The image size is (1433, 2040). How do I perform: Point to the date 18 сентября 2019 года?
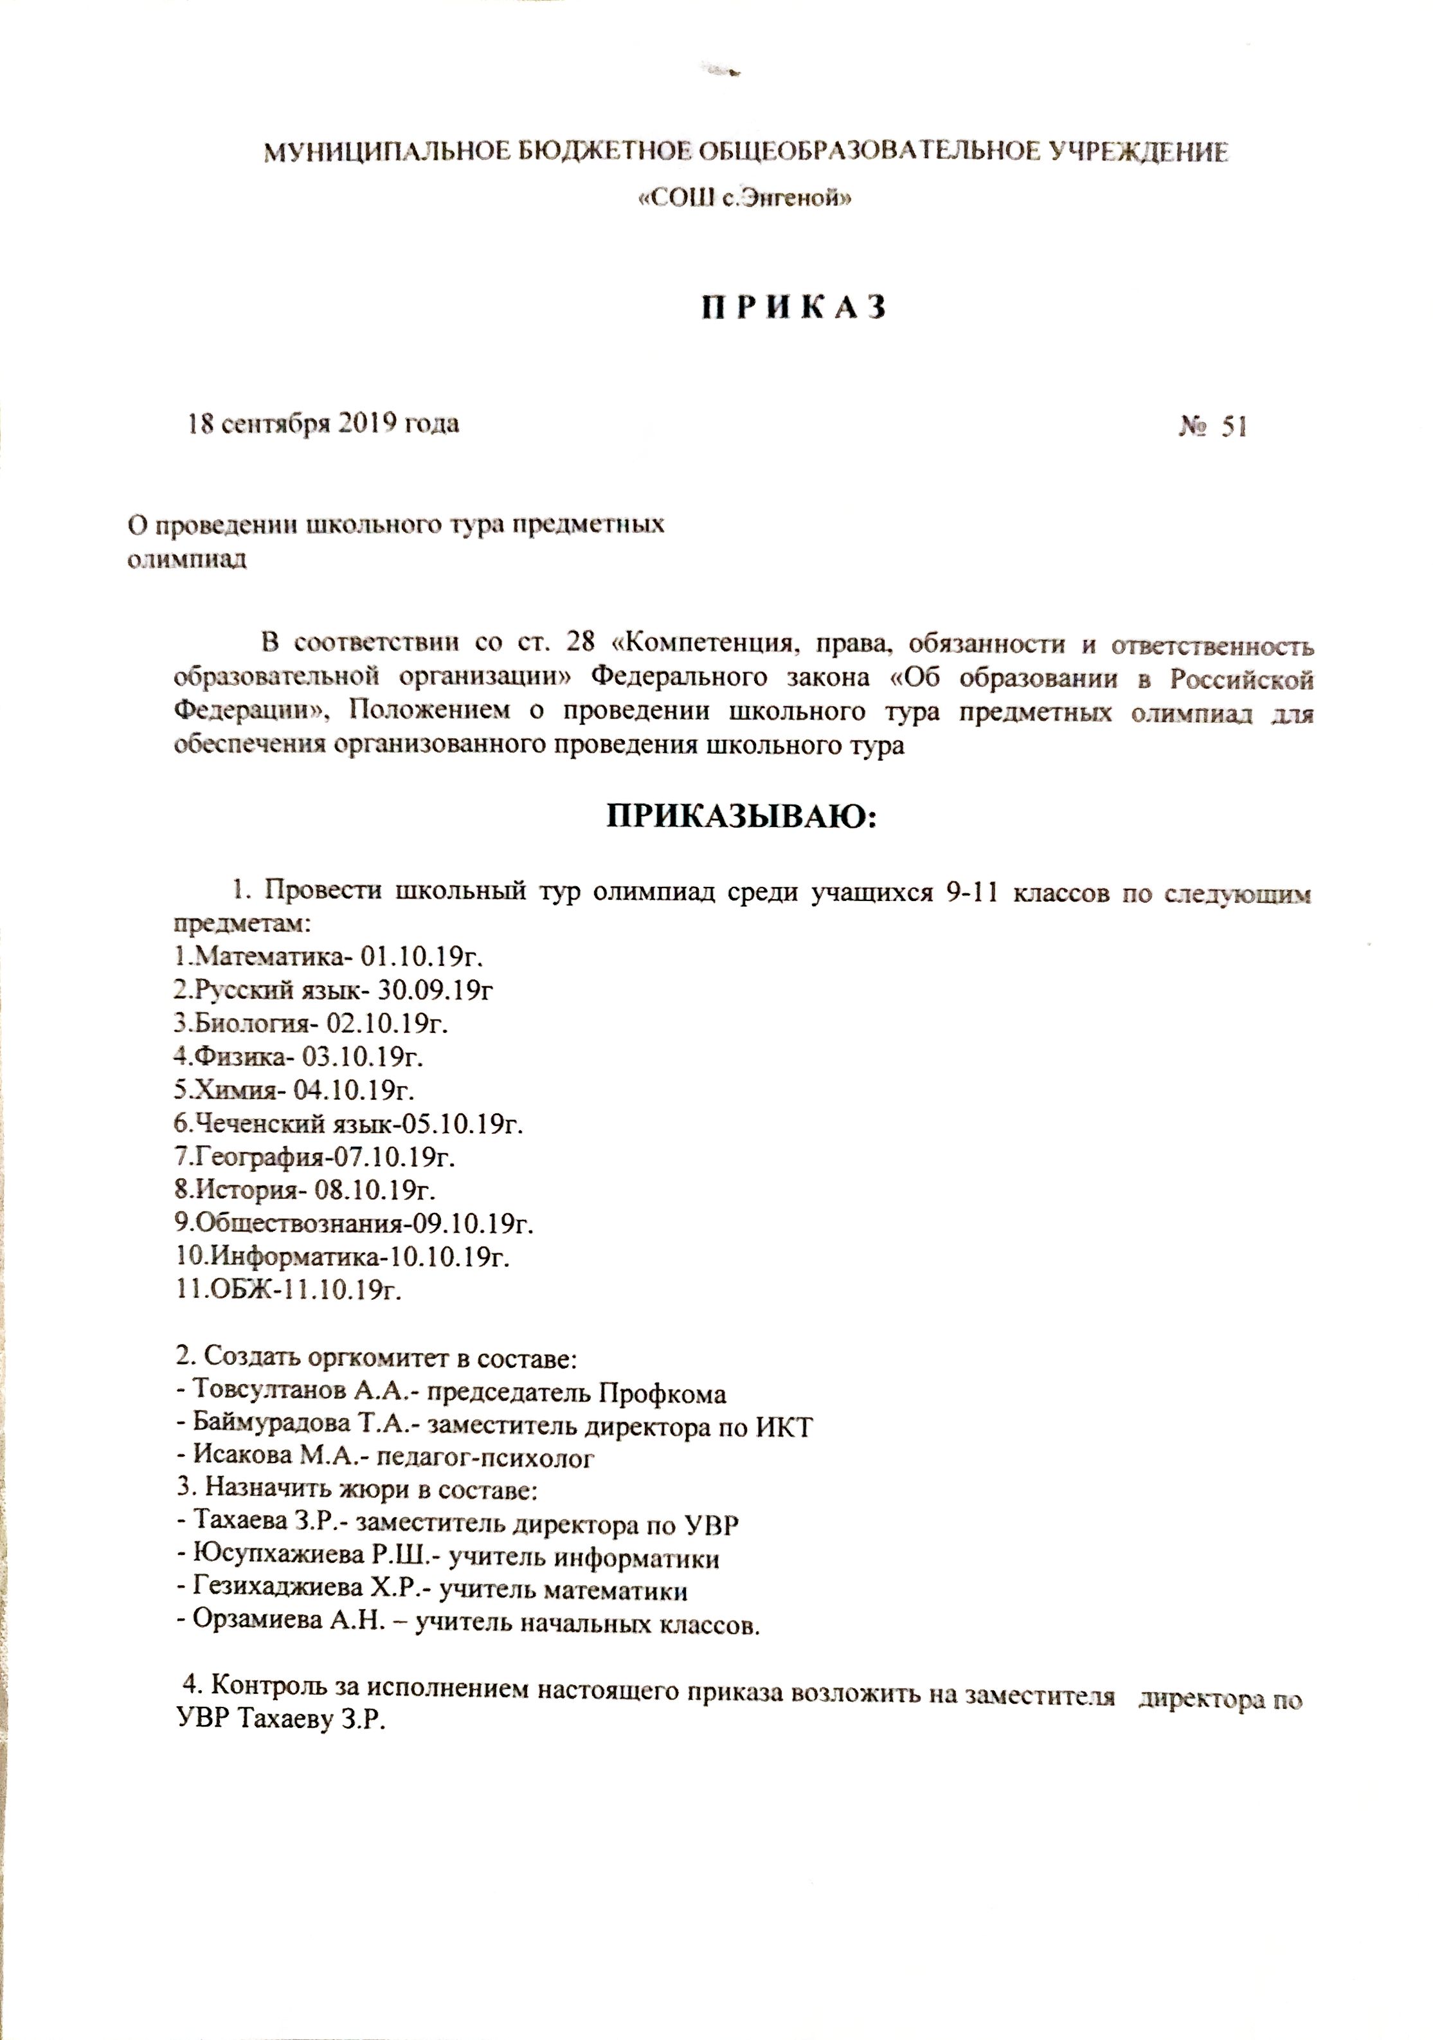point(323,424)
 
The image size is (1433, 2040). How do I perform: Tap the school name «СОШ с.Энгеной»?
point(746,199)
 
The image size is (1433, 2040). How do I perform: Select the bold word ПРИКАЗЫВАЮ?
point(741,815)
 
